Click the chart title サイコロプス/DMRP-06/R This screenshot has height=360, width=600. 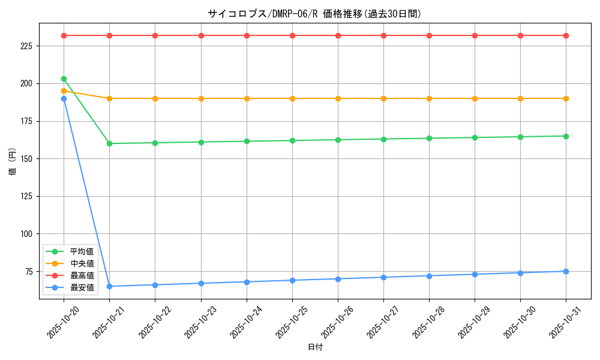pyautogui.click(x=315, y=14)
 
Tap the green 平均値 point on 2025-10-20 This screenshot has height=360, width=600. pyautogui.click(x=64, y=79)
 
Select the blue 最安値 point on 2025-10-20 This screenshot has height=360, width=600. pyautogui.click(x=64, y=98)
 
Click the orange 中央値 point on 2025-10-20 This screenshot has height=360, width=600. pyautogui.click(x=64, y=91)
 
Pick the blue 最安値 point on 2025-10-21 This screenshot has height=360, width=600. pyautogui.click(x=109, y=286)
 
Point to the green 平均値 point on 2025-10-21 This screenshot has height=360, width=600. pyautogui.click(x=109, y=143)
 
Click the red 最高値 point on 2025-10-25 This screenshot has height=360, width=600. pyautogui.click(x=292, y=35)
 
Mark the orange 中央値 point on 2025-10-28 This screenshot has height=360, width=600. pyautogui.click(x=429, y=98)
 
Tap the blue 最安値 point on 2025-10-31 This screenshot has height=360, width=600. pyautogui.click(x=566, y=271)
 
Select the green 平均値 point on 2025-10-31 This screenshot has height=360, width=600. pyautogui.click(x=566, y=136)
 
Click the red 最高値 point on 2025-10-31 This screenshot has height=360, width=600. pyautogui.click(x=566, y=35)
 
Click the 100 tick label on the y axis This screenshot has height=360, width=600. pyautogui.click(x=28, y=234)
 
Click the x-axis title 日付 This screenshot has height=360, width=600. pyautogui.click(x=315, y=347)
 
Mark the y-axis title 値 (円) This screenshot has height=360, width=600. pyautogui.click(x=13, y=162)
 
